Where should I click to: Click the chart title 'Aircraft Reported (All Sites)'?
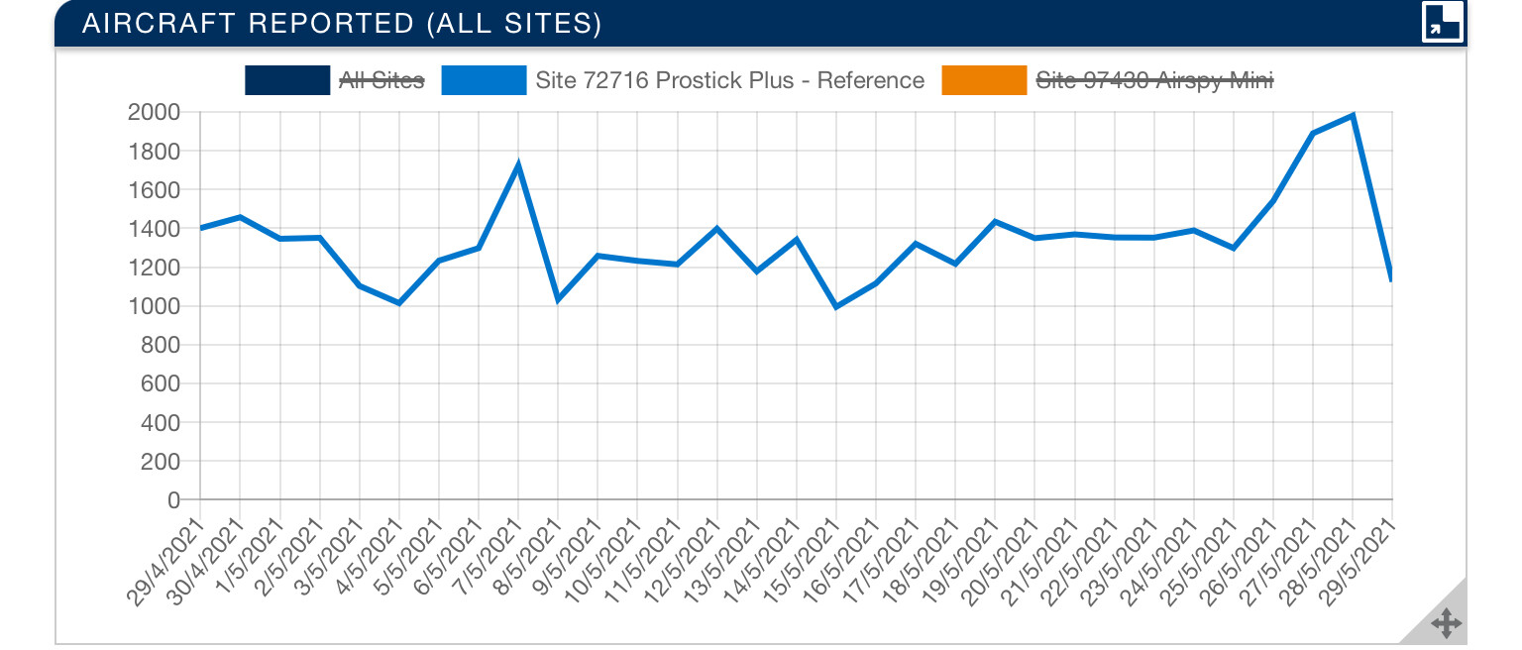point(342,24)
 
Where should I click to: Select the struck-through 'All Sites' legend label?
point(381,80)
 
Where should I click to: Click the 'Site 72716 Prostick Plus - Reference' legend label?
point(729,80)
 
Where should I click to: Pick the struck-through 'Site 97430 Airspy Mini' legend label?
point(1154,80)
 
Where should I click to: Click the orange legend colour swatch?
point(984,80)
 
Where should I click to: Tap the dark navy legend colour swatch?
point(286,80)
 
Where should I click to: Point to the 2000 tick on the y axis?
point(153,112)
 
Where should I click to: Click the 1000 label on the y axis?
point(153,306)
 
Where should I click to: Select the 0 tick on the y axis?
point(172,500)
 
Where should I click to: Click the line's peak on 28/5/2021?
point(1353,116)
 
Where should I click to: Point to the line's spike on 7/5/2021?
point(518,164)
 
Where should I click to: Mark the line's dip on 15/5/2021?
point(836,307)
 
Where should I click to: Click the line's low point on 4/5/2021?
point(399,303)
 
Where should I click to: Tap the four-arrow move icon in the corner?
point(1446,623)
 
